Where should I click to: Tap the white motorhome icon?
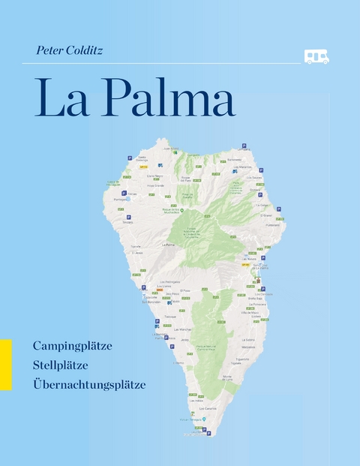coord(316,56)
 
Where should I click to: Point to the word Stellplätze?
coord(61,365)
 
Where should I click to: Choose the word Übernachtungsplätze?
coord(89,384)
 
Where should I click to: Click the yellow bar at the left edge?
coord(6,364)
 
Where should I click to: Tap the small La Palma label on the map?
coord(168,245)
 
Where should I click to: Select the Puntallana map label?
coord(271,224)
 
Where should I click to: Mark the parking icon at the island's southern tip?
coord(208,433)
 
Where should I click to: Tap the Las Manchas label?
coord(182,329)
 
